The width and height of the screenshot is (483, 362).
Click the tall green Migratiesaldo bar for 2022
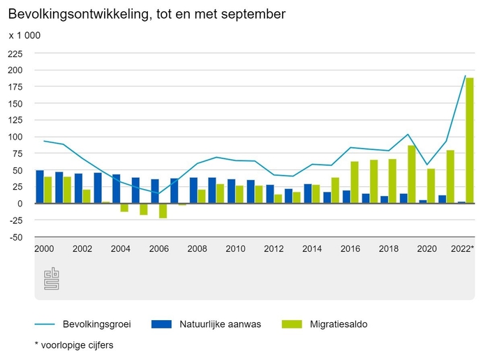(x=470, y=140)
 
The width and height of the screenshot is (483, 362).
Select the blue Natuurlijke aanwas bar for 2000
(x=40, y=187)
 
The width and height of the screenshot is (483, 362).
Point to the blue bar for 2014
(x=308, y=194)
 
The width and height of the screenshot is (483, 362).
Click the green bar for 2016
(x=355, y=182)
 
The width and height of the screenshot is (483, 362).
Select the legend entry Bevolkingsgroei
(x=96, y=324)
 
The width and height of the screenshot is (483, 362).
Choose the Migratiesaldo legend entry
(x=339, y=324)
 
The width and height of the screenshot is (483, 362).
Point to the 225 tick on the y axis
(x=15, y=54)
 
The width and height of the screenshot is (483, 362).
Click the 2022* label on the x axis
(x=462, y=249)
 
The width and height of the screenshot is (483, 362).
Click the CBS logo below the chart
(x=52, y=279)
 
